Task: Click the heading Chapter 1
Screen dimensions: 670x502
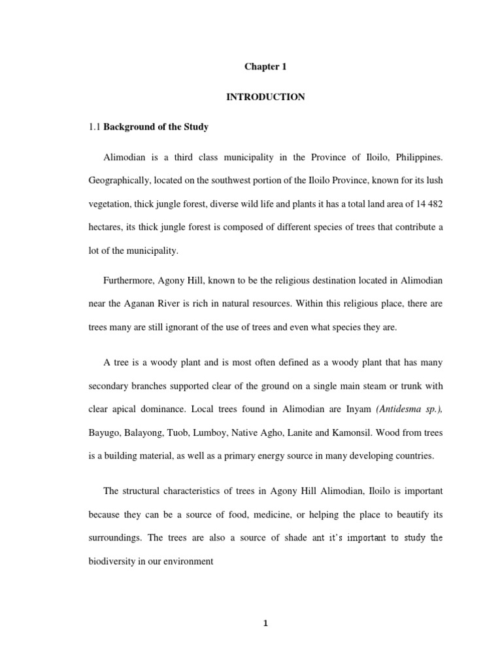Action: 265,67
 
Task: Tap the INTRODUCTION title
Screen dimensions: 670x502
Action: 265,97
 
